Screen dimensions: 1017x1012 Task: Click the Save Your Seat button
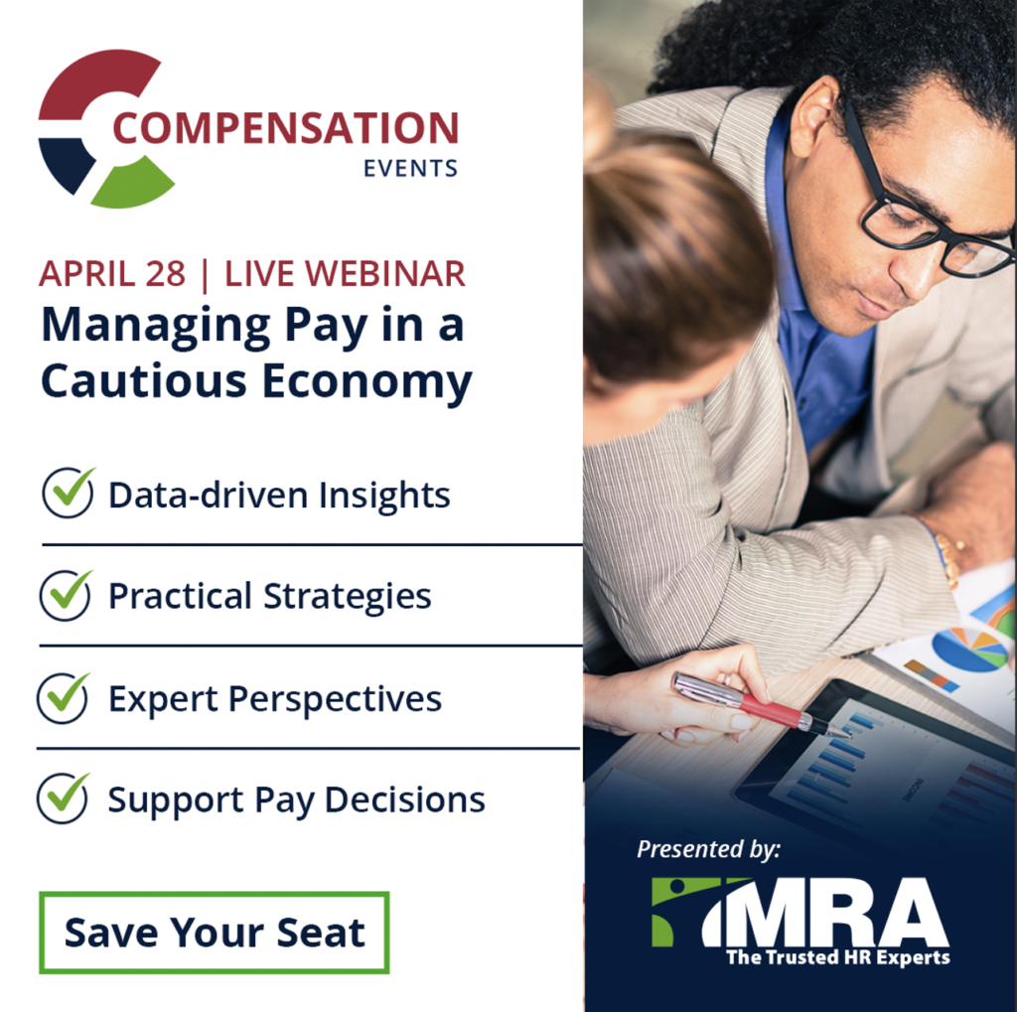tap(215, 933)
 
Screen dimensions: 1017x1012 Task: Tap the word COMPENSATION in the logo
tap(286, 128)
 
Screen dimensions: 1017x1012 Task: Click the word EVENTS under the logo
tap(410, 169)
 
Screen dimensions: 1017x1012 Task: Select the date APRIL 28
tap(112, 274)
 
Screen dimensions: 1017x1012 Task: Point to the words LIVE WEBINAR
tap(345, 274)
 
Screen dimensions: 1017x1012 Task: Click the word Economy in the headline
tap(367, 382)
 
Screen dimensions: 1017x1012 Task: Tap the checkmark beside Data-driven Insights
tap(69, 493)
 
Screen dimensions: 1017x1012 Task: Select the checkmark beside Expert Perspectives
tap(63, 698)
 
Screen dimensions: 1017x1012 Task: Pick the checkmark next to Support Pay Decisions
tap(63, 797)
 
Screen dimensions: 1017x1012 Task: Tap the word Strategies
tap(348, 597)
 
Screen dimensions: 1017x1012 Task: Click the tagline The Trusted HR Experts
tap(838, 957)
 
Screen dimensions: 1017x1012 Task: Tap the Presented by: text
tap(709, 849)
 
